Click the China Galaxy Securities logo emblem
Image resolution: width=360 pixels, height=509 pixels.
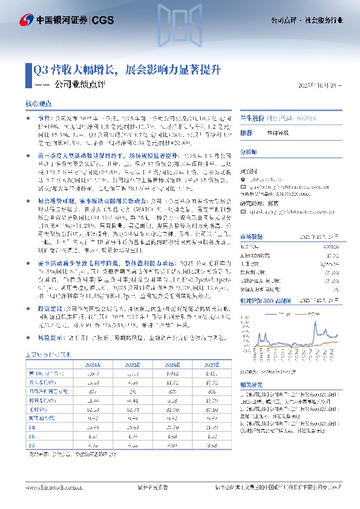(27, 21)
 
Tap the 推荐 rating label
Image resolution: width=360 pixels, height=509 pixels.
(246, 132)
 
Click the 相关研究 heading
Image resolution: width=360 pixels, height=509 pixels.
(252, 384)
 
